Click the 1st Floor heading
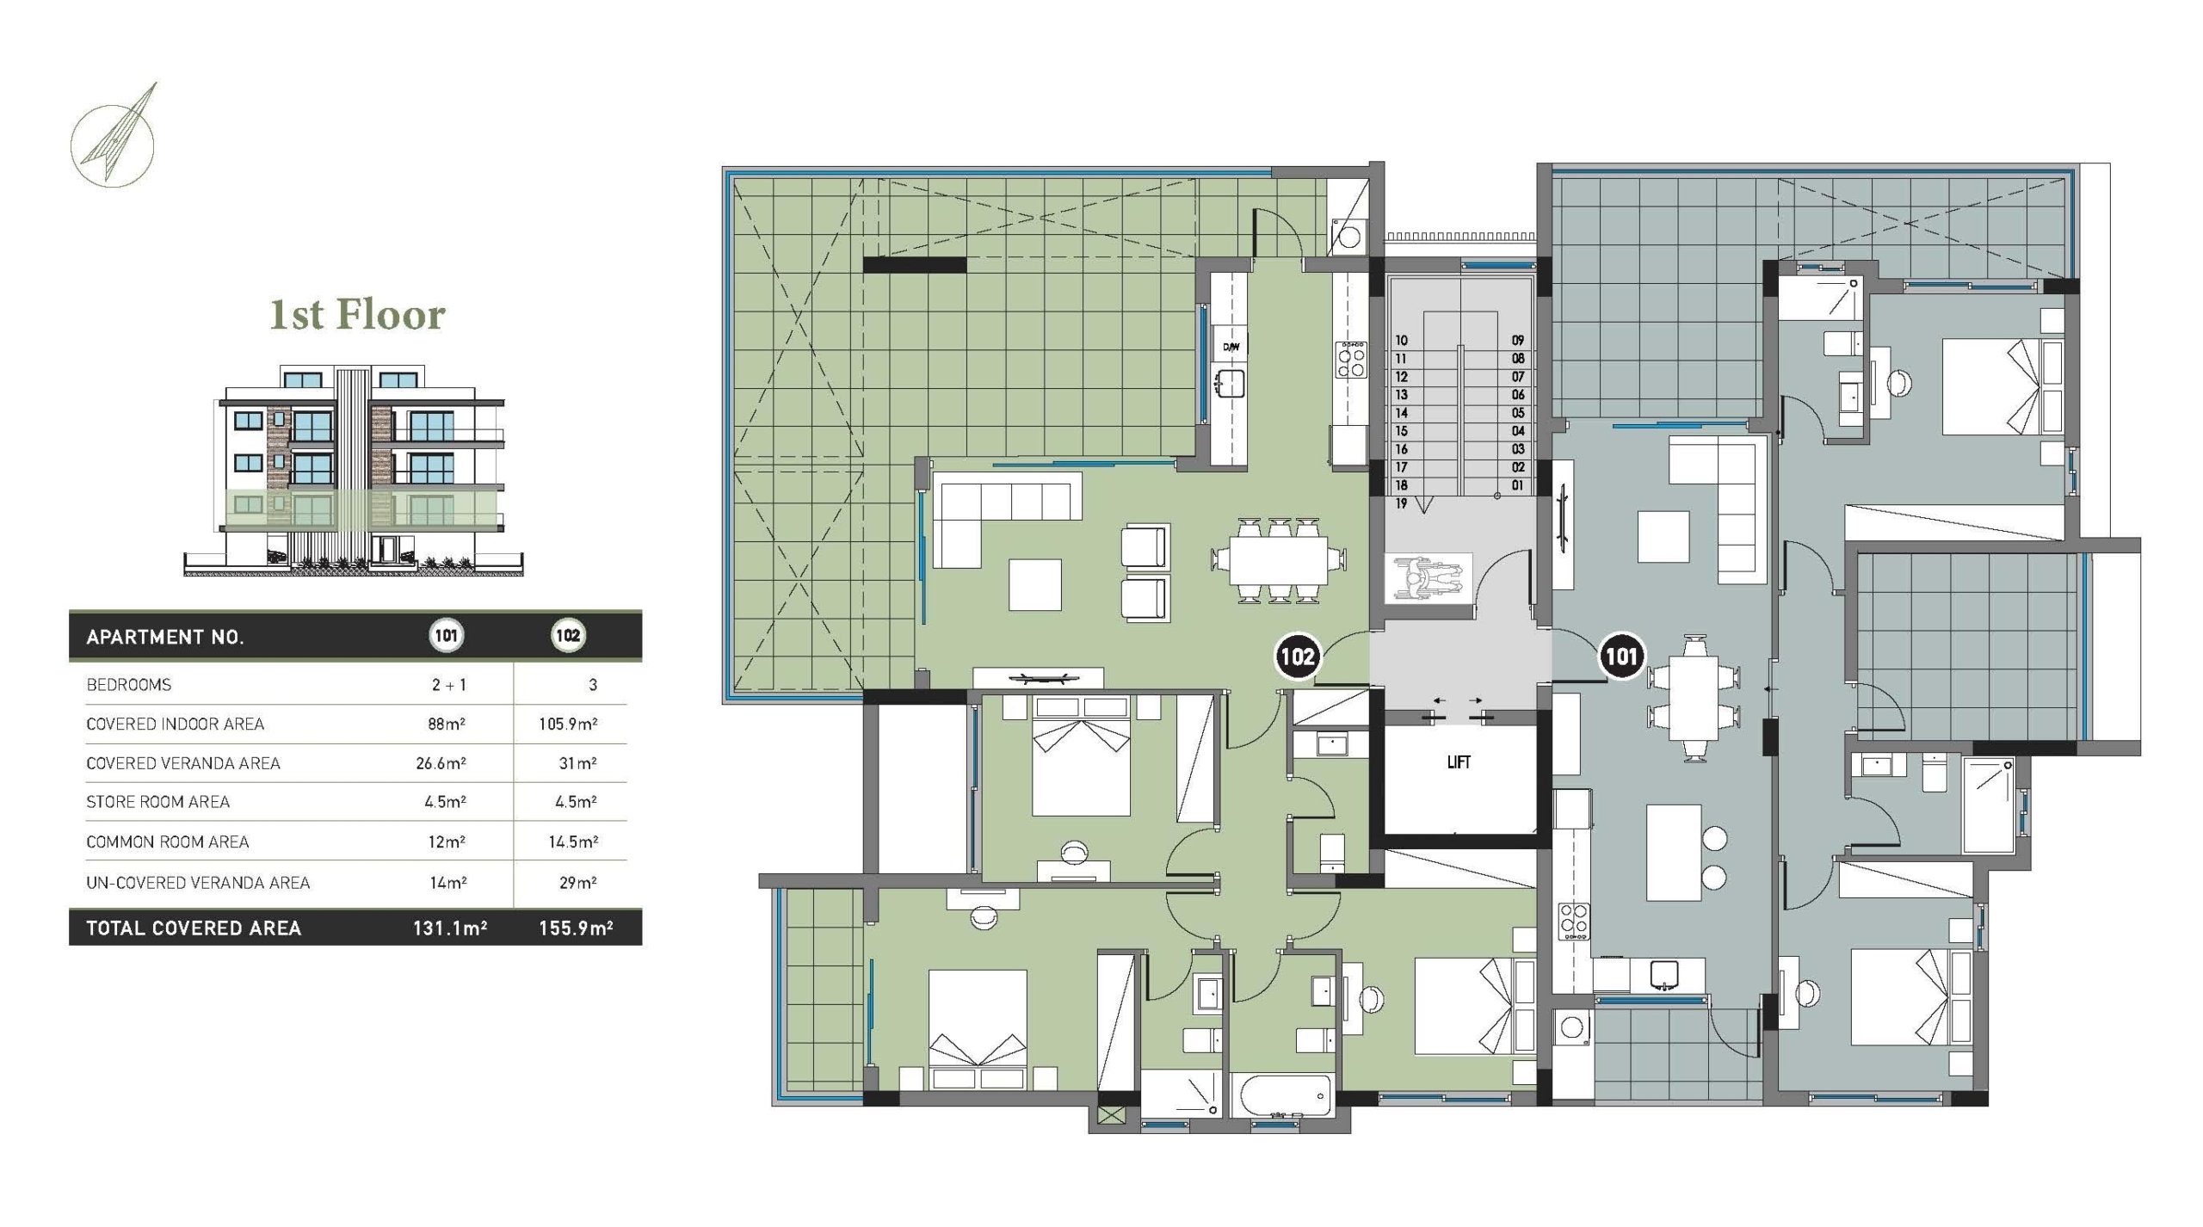tap(357, 315)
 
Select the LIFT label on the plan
tap(1459, 762)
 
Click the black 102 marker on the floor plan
tap(1297, 657)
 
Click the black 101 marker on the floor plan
tap(1621, 657)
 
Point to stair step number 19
tap(1401, 503)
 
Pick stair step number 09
tap(1518, 341)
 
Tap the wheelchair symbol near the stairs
tap(1429, 577)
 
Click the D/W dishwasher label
tap(1231, 348)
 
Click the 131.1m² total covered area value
tap(449, 928)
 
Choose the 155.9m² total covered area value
tap(576, 928)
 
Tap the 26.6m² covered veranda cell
tap(441, 763)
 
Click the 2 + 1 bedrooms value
tap(448, 685)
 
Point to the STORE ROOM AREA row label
tap(157, 802)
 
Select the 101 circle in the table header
tap(446, 636)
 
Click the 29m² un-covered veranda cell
tap(577, 883)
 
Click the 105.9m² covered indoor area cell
tap(568, 724)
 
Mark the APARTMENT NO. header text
tap(165, 638)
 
